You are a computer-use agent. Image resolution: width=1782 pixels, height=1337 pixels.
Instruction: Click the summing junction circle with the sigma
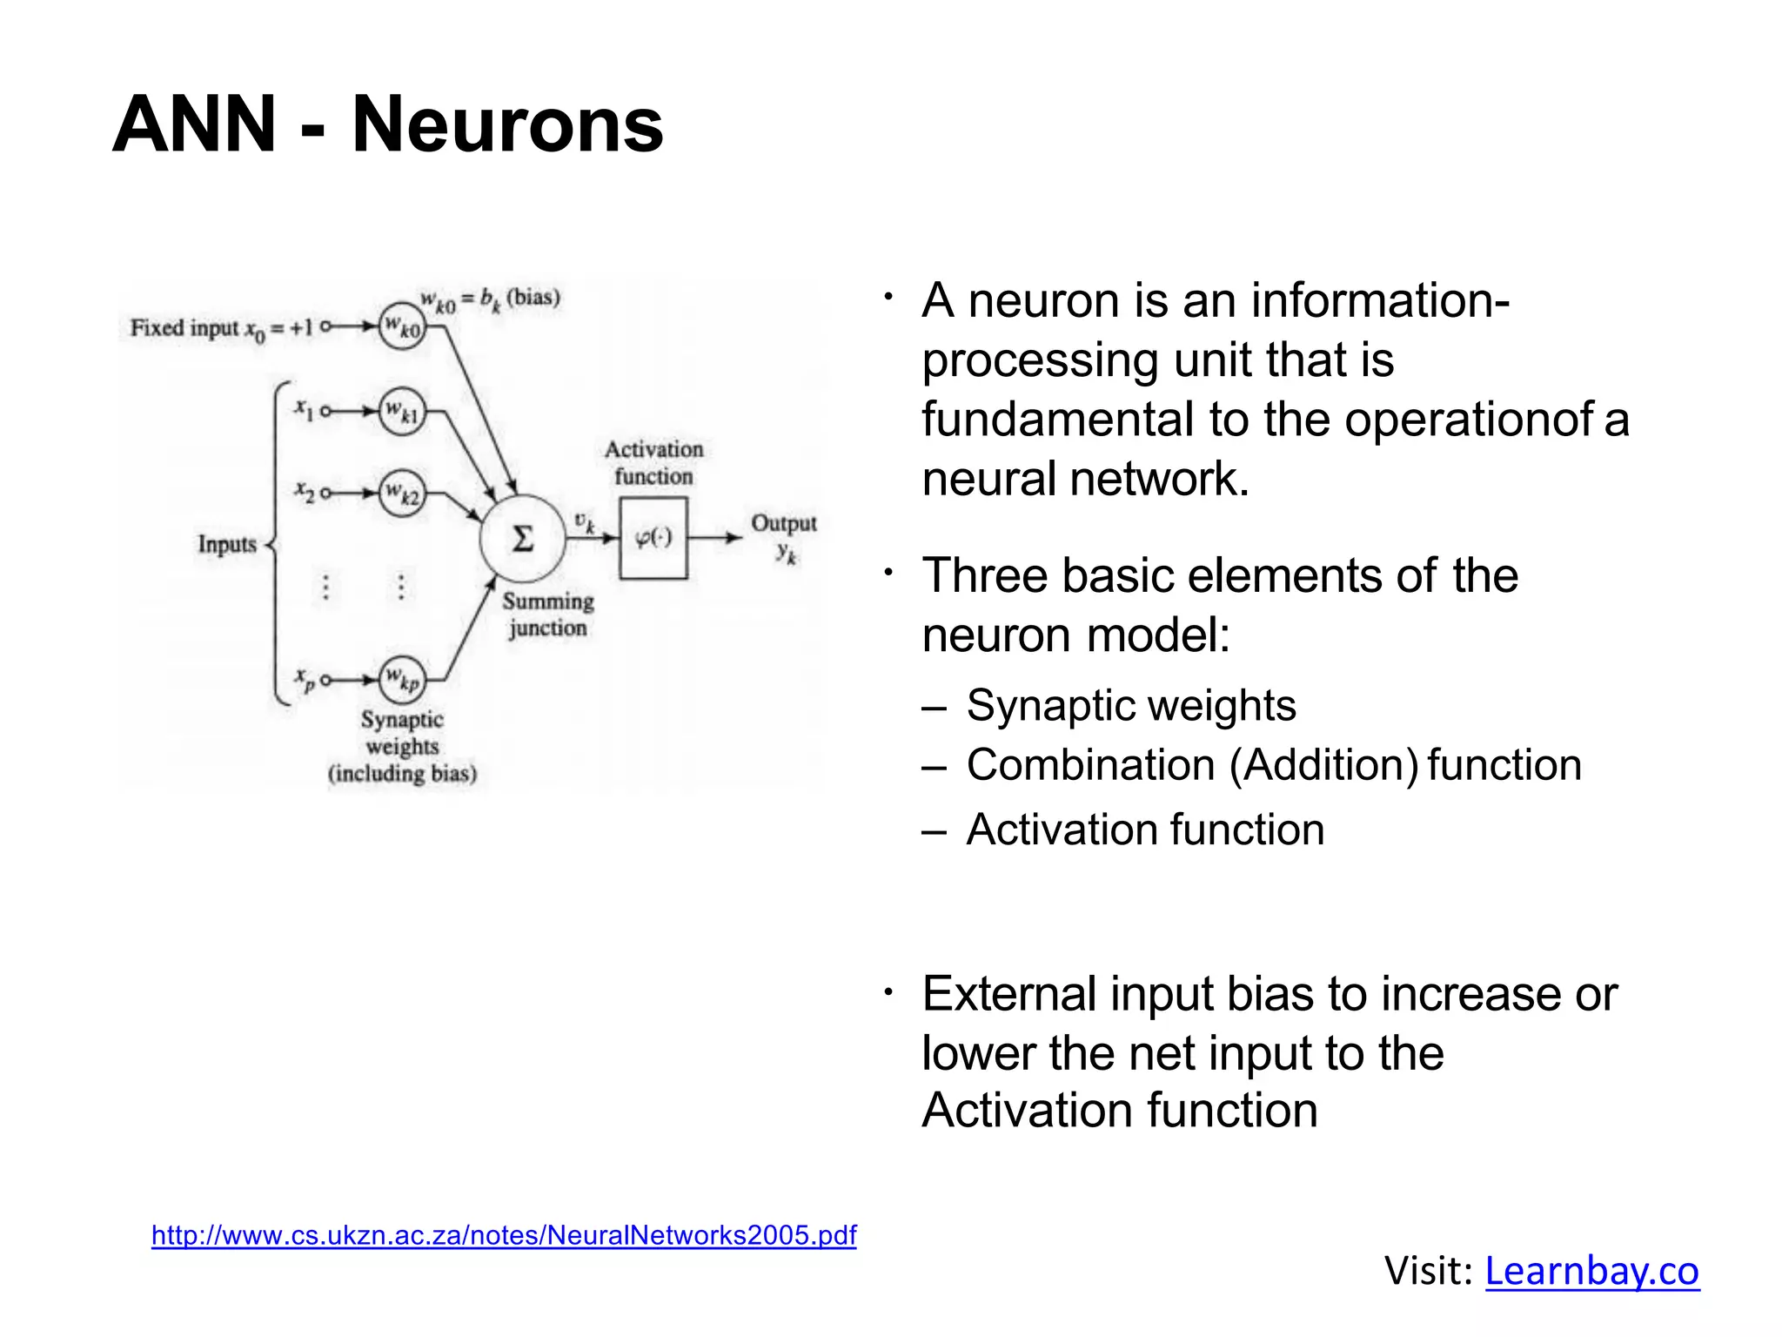[x=522, y=539]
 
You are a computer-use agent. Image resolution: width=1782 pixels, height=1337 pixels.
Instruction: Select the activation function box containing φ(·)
[x=653, y=538]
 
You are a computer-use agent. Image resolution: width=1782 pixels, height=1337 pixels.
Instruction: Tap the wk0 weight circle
[x=402, y=327]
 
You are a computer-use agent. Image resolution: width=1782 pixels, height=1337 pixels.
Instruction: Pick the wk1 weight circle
[x=402, y=411]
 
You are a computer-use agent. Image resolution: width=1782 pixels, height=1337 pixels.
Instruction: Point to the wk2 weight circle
[x=402, y=494]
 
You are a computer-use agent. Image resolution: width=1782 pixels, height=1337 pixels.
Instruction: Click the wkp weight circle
[x=402, y=679]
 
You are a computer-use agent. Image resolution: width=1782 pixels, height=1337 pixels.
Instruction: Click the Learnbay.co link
[x=1591, y=1270]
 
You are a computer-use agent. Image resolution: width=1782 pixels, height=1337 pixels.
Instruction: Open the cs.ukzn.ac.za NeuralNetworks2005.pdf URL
[x=504, y=1234]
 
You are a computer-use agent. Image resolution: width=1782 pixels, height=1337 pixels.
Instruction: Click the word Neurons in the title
[x=507, y=124]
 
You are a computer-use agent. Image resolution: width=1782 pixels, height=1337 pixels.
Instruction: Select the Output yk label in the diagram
[x=784, y=537]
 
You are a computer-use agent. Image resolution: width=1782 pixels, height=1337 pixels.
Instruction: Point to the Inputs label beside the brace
[x=227, y=544]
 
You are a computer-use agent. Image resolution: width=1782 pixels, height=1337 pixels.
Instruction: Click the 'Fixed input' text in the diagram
[x=183, y=328]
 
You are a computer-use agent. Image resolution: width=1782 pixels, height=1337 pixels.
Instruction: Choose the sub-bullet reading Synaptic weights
[x=1130, y=705]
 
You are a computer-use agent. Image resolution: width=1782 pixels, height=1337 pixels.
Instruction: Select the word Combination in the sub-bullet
[x=1090, y=765]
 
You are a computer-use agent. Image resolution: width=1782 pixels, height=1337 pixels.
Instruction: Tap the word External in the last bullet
[x=1009, y=994]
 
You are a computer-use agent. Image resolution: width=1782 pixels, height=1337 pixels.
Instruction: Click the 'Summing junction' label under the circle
[x=548, y=614]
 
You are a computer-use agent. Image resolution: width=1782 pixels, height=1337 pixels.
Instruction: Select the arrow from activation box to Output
[x=715, y=538]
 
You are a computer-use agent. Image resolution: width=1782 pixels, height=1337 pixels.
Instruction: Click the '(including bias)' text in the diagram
[x=402, y=773]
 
